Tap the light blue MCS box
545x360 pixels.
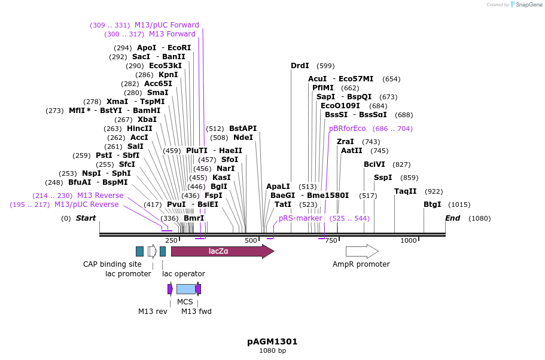(185, 289)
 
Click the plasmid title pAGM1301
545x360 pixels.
(272, 341)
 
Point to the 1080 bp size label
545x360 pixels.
(272, 350)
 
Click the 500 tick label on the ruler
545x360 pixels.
(250, 240)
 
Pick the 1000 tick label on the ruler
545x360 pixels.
(408, 240)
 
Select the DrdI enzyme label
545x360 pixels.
(300, 66)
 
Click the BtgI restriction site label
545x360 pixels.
(432, 205)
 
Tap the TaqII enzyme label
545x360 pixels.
(405, 191)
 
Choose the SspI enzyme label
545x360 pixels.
(383, 178)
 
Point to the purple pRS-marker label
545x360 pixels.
(300, 218)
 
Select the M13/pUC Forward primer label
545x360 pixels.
(166, 25)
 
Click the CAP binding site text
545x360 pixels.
(112, 264)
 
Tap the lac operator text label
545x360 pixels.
(184, 274)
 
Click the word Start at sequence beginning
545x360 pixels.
(86, 218)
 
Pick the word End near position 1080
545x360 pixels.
(452, 218)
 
